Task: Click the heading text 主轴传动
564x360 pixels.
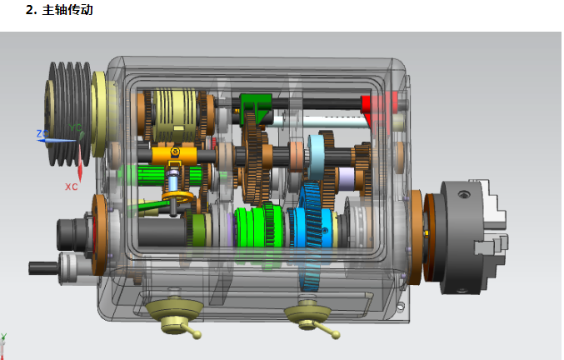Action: tap(67, 10)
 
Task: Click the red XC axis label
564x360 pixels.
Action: tap(71, 187)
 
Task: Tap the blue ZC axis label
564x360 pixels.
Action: tap(42, 134)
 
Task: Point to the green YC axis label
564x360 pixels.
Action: tap(75, 127)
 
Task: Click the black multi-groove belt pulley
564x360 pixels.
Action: tap(69, 113)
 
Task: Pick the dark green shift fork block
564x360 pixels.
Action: tap(256, 106)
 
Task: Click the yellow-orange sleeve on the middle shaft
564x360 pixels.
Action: tap(174, 154)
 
